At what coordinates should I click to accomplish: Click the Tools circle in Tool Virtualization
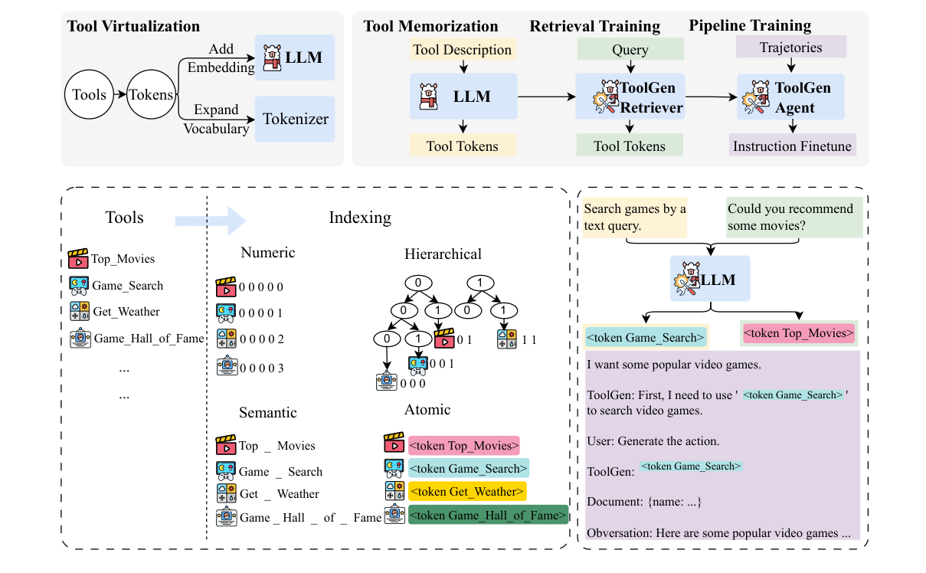coord(89,95)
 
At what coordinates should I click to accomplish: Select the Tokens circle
coord(151,95)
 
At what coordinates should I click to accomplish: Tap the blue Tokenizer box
coord(295,119)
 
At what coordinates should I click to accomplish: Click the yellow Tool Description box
coord(462,50)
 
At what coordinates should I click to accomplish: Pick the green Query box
coord(630,50)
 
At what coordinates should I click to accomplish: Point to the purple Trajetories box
coord(790,47)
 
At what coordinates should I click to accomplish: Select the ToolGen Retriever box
coord(630,97)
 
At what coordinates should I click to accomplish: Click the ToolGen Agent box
coord(790,97)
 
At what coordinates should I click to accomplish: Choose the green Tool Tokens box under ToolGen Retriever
coord(630,146)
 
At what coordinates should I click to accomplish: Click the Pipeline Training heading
coord(750,25)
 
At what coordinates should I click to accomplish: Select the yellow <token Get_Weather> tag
coord(466,491)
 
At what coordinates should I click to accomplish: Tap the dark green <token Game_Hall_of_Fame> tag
coord(488,516)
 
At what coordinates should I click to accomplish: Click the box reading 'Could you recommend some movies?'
coord(794,217)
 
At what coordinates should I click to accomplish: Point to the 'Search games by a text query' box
coord(635,217)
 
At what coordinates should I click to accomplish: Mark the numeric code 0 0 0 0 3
coord(261,368)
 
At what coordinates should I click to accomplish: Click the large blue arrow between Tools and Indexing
coord(210,221)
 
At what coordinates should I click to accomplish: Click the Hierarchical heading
coord(443,253)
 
